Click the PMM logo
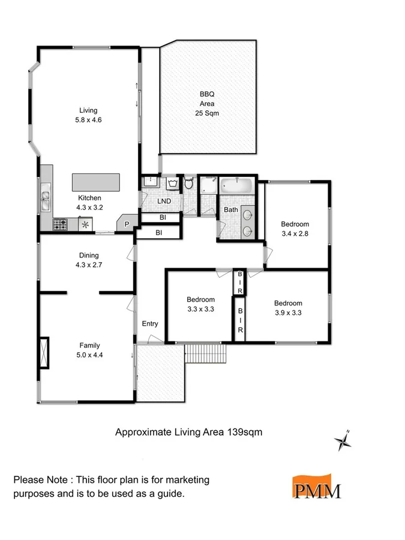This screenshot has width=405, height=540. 316,487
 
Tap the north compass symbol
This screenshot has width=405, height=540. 343,442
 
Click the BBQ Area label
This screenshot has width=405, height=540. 207,103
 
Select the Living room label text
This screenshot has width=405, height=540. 88,115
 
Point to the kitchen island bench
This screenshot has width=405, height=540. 96,182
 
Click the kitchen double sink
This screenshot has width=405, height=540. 46,198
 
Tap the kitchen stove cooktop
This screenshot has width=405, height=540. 61,225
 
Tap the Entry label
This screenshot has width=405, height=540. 150,324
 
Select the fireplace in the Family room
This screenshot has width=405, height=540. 44,352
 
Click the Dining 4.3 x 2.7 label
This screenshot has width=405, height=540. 89,259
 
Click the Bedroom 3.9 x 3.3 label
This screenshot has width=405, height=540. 288,308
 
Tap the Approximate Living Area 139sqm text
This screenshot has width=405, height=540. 188,431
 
